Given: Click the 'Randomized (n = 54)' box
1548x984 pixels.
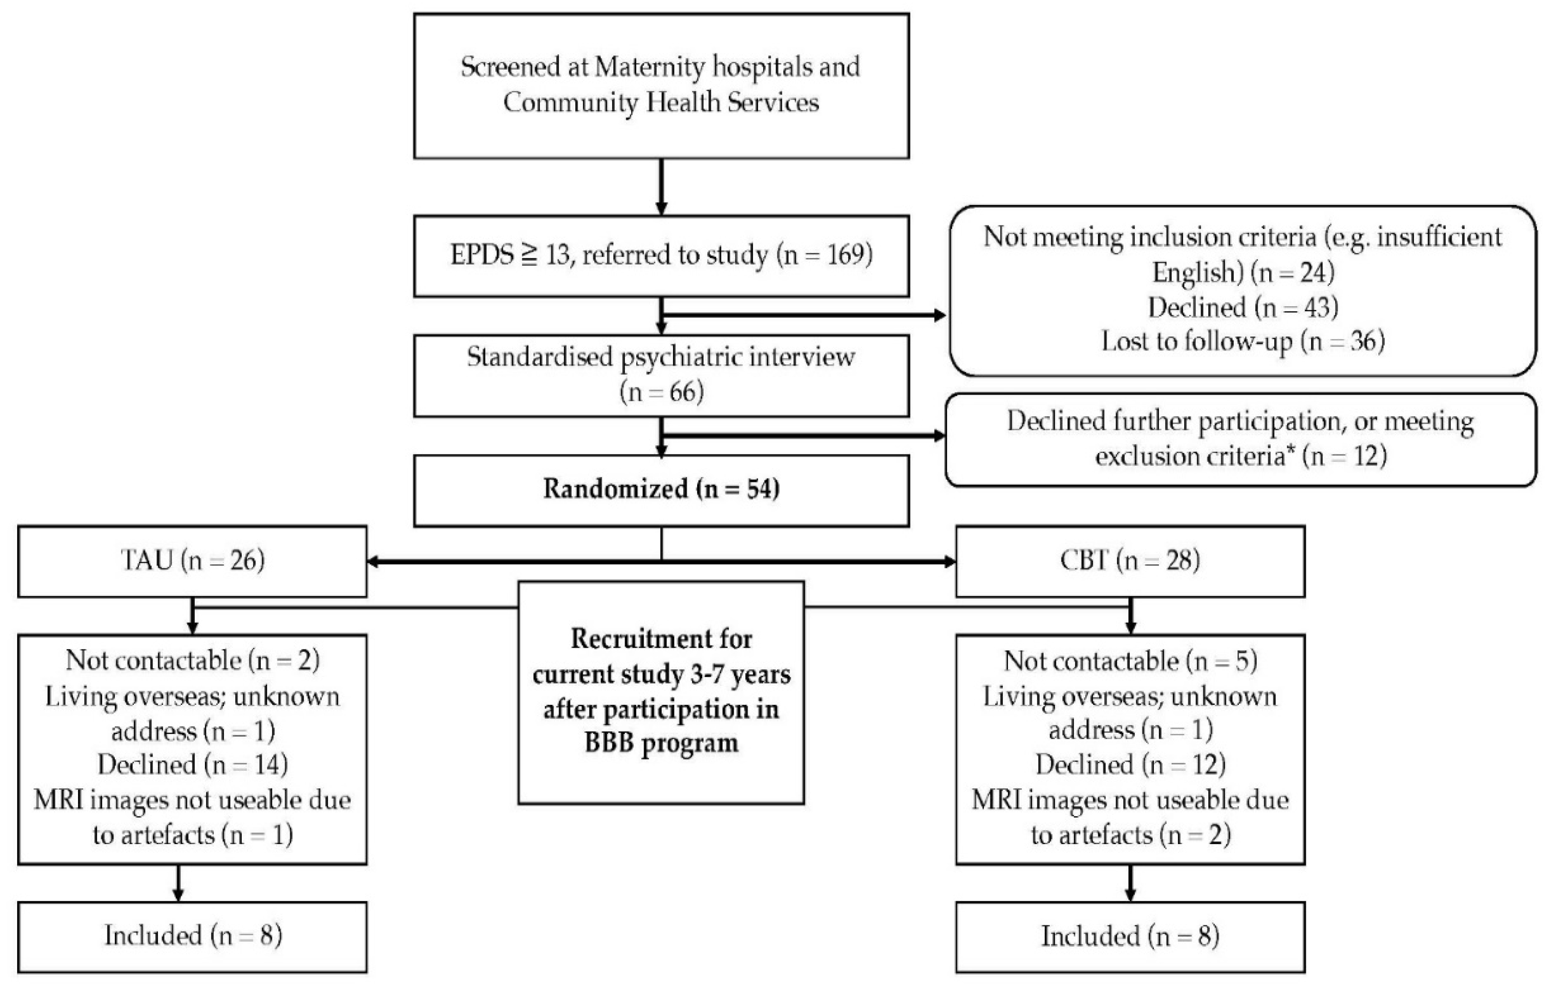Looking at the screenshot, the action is point(661,491).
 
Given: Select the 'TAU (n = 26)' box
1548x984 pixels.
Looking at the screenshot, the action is point(192,562).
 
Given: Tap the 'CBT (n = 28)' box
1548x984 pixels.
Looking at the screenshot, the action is point(1130,562).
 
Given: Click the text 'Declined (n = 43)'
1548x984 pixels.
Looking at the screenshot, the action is point(1243,307).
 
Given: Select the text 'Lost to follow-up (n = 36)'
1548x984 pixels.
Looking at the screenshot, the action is point(1243,341).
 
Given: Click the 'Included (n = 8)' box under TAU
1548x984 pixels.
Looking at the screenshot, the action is point(192,937).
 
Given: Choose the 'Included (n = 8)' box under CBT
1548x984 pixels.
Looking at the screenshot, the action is point(1130,937).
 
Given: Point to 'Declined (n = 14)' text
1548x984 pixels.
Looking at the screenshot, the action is point(192,765).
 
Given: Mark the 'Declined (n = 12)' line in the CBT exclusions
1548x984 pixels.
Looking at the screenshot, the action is point(1130,765).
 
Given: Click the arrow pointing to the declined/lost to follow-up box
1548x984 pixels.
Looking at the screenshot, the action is point(804,315).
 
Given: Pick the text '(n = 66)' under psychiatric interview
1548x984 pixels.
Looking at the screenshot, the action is point(661,391).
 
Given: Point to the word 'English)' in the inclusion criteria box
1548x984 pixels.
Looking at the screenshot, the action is point(1198,273).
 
